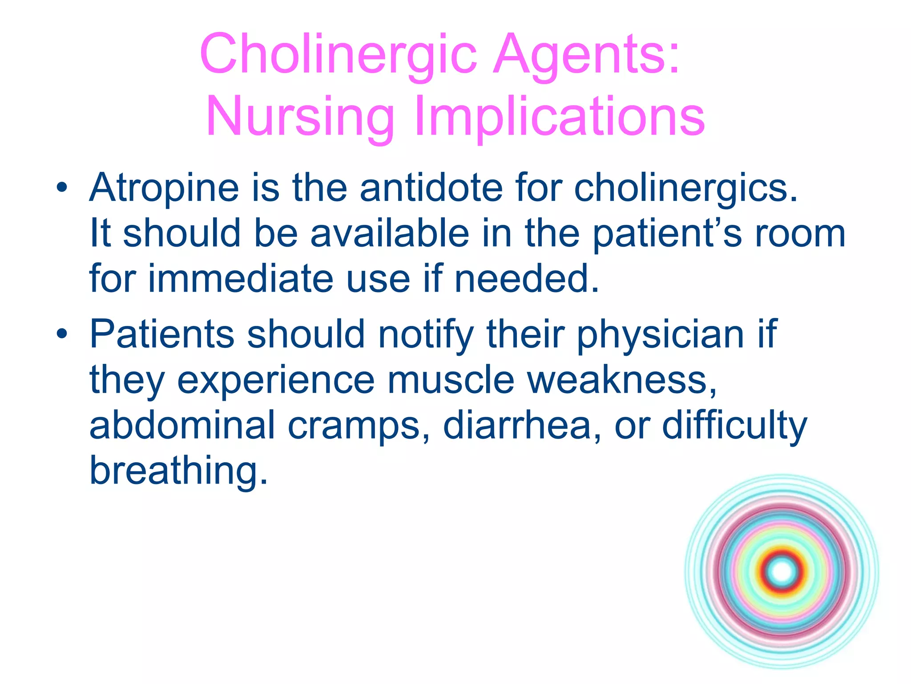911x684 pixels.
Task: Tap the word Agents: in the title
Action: pos(587,54)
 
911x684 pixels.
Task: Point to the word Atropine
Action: pos(164,188)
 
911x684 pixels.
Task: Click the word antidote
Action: pos(431,188)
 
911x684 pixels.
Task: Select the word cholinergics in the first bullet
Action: pos(685,188)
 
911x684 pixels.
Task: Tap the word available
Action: pos(390,233)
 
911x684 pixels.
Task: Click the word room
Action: pos(800,233)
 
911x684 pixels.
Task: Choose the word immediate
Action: pos(241,278)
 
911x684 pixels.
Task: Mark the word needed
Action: pos(527,278)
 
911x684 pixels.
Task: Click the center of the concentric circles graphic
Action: pos(782,571)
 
